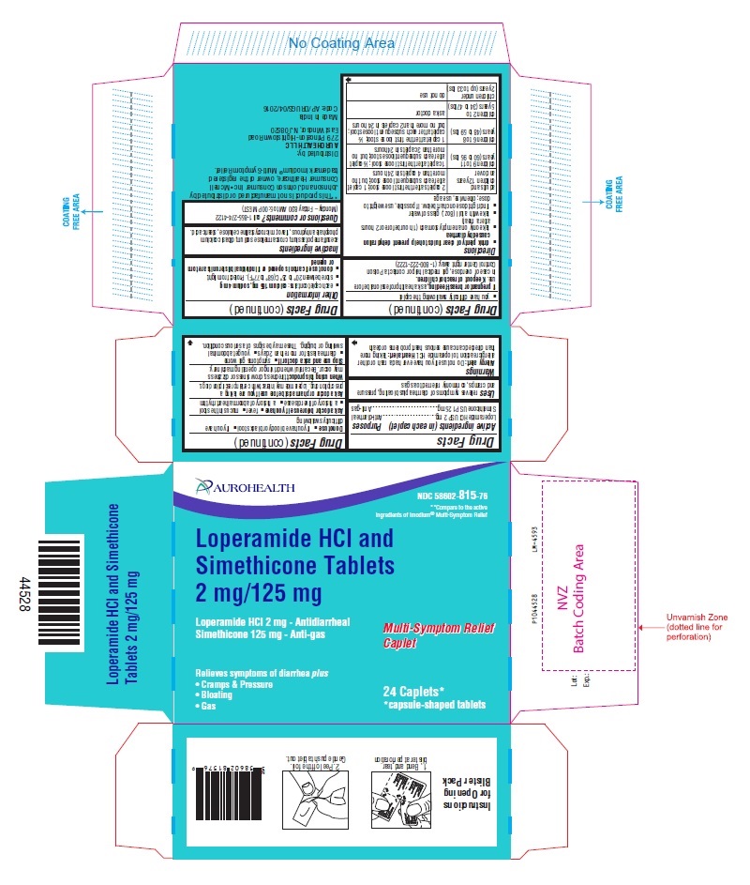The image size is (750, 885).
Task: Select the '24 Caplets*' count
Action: [x=416, y=691]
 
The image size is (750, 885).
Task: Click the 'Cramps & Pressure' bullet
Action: [x=234, y=686]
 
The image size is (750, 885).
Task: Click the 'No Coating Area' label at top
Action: [x=341, y=43]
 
